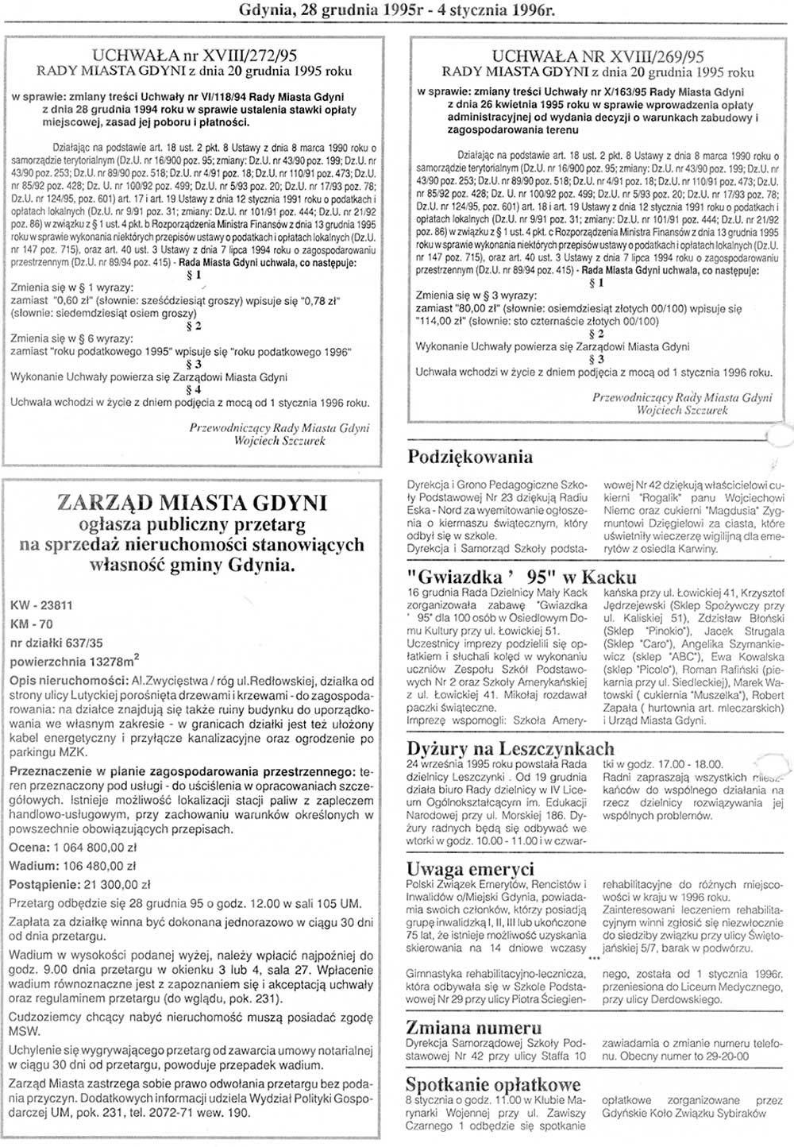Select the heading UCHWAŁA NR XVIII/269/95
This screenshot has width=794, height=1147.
click(x=598, y=56)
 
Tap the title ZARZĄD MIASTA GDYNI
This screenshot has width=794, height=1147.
click(x=193, y=503)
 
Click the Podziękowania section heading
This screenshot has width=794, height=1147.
click(x=469, y=457)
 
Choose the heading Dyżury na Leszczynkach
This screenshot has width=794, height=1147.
click(x=510, y=748)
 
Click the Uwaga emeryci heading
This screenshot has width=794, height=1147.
click(x=470, y=869)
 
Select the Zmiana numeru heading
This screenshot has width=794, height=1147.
click(x=474, y=1028)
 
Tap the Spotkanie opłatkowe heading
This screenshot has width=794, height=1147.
click(x=493, y=1085)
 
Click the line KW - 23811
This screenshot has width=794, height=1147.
click(x=41, y=605)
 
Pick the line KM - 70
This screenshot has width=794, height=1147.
click(x=31, y=624)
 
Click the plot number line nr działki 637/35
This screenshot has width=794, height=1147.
click(x=56, y=643)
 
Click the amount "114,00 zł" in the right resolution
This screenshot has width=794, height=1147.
click(x=442, y=322)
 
